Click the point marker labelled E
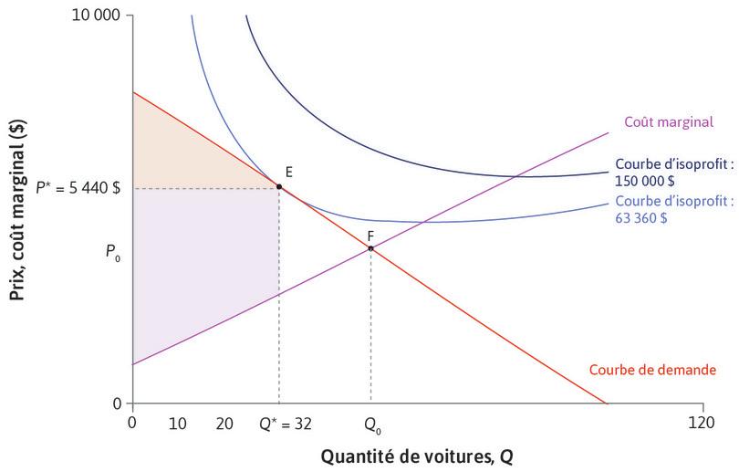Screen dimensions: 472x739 tap(279, 186)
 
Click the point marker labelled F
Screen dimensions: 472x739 tap(370, 247)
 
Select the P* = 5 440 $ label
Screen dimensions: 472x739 tap(77, 187)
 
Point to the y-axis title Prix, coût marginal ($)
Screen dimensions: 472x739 tap(16, 209)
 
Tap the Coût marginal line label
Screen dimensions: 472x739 tap(669, 121)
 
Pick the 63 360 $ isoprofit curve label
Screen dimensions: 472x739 tap(674, 209)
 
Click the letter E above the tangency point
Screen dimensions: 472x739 tap(288, 171)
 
